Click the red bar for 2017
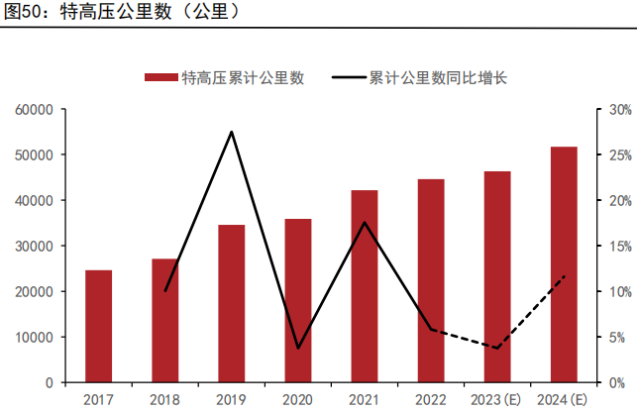tap(98, 326)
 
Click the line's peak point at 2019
tap(231, 132)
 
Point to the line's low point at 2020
tap(298, 348)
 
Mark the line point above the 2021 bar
tap(365, 222)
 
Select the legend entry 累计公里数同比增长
tap(421, 78)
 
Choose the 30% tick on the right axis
tap(619, 109)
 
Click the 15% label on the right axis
tap(619, 246)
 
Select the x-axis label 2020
tap(298, 400)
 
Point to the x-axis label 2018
tap(164, 400)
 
